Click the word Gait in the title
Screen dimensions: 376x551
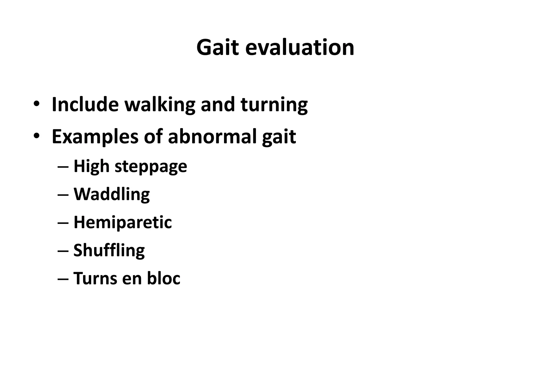(x=217, y=48)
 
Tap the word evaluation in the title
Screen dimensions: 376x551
(x=299, y=48)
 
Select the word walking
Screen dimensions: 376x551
(x=160, y=105)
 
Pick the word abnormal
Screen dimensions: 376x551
(x=212, y=136)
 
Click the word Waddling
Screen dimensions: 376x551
(x=112, y=194)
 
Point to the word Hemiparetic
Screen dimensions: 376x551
(x=123, y=223)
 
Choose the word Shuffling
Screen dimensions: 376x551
(x=109, y=251)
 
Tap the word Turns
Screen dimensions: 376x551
(x=95, y=278)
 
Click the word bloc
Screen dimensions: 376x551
(x=163, y=278)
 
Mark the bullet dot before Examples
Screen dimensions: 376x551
(x=37, y=136)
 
